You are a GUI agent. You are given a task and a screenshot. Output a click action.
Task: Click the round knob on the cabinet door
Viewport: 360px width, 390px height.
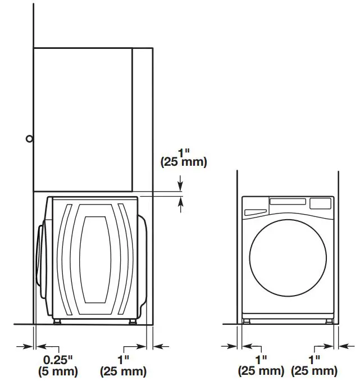tap(29, 139)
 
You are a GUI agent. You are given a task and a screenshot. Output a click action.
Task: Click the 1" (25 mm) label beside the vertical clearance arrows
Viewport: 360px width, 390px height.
tap(184, 157)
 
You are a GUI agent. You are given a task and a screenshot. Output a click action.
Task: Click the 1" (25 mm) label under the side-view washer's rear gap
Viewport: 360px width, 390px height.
tap(123, 366)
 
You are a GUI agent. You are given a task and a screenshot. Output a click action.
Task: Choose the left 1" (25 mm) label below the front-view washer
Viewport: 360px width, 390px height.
tap(261, 366)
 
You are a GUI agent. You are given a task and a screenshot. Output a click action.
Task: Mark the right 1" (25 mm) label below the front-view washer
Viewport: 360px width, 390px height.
tap(314, 366)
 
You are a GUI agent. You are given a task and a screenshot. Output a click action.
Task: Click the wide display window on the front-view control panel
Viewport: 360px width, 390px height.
tap(288, 201)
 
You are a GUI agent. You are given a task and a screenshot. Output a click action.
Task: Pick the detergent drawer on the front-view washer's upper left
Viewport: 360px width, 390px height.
tap(255, 212)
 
